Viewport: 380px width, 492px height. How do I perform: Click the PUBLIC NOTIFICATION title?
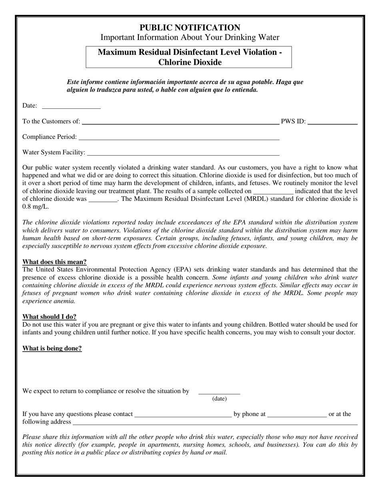190,28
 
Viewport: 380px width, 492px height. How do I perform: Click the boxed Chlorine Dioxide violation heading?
190,57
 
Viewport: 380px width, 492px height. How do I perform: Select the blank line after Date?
71,107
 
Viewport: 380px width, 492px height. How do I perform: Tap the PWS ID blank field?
332,123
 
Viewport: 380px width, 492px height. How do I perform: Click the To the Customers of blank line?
180,123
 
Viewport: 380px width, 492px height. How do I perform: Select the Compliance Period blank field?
179,138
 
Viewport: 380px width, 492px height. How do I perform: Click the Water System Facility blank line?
183,153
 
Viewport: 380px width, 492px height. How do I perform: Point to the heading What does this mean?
54,262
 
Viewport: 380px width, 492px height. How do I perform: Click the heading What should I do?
49,317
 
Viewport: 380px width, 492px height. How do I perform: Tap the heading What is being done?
52,348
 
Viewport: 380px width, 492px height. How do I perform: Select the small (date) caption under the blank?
219,399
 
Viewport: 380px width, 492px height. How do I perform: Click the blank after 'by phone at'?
297,415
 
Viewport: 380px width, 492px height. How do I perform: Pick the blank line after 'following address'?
214,423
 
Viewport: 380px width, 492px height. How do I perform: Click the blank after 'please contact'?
183,415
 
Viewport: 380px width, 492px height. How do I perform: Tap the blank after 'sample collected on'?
273,192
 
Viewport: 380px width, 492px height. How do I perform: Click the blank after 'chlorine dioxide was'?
103,200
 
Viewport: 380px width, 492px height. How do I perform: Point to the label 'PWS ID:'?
293,122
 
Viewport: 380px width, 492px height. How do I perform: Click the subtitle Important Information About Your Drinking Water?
190,38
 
